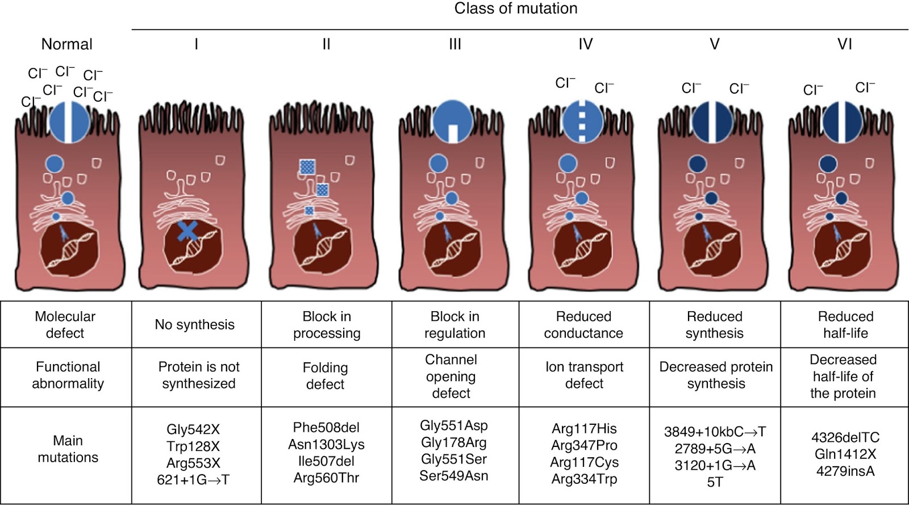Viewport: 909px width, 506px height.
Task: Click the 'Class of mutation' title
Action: click(516, 9)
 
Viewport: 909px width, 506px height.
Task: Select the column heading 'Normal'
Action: click(67, 44)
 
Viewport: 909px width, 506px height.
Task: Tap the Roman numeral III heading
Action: click(455, 44)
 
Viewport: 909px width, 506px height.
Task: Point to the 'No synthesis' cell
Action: click(195, 325)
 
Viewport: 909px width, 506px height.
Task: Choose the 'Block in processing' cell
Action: click(327, 325)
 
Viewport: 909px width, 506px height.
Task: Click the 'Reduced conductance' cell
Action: click(583, 325)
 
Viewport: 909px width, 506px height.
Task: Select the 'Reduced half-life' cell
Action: click(845, 325)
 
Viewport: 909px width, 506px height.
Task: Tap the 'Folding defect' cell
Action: click(325, 376)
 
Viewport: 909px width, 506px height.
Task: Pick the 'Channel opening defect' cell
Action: click(451, 376)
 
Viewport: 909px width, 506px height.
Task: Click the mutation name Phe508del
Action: click(326, 428)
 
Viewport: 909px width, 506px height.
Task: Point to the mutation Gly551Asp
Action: click(453, 425)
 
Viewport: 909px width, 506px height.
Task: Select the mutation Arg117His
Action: click(584, 429)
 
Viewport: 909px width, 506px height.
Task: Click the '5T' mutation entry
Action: click(715, 482)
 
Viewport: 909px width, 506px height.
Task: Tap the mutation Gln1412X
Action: click(845, 454)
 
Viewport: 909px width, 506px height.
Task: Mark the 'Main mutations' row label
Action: click(68, 449)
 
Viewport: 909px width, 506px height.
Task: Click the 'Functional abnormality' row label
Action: click(68, 375)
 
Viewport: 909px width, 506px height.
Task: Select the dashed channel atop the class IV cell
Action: click(582, 121)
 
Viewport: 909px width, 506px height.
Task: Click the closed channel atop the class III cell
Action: click(453, 120)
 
